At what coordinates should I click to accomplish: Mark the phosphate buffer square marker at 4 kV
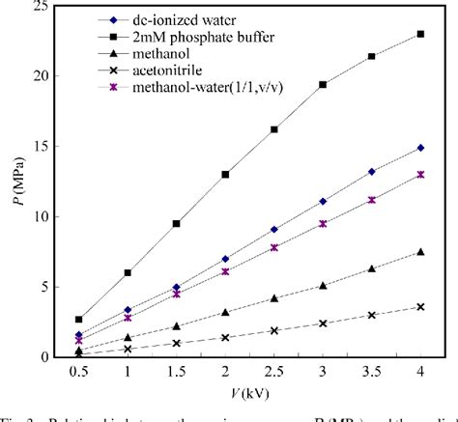(x=419, y=34)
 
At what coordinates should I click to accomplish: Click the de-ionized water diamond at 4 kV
(x=419, y=148)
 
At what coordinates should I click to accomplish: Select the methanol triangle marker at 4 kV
(x=419, y=252)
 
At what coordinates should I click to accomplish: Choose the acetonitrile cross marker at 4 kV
(x=419, y=306)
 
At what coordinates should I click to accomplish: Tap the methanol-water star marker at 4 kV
(x=419, y=175)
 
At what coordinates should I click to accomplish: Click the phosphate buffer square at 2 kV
(x=225, y=175)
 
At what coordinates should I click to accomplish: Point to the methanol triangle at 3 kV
(x=323, y=285)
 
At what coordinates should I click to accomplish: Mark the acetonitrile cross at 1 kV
(x=129, y=349)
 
